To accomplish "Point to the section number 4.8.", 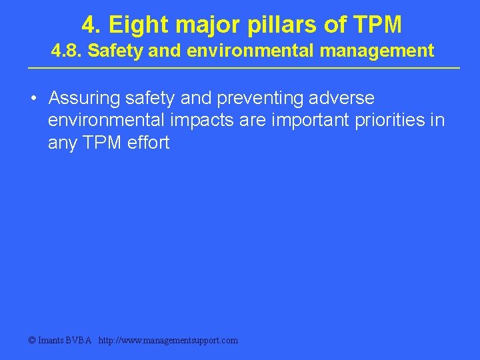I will pos(67,51).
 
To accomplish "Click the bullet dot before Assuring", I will pos(33,99).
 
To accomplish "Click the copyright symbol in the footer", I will pos(32,340).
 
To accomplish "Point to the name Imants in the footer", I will pos(52,340).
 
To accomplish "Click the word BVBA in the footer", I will pos(79,340).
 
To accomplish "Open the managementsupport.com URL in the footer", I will pos(167,340).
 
